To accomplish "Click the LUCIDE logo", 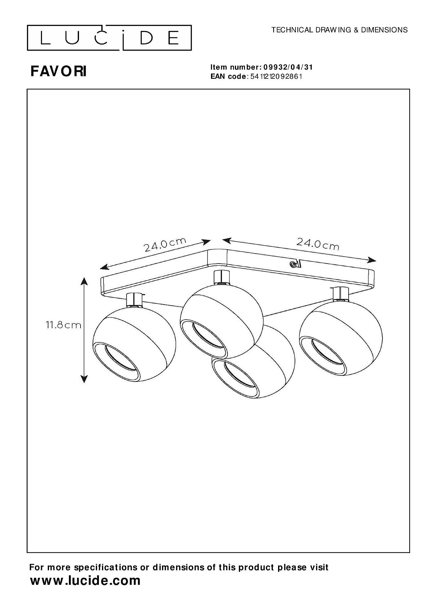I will [109, 38].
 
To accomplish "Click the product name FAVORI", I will [58, 71].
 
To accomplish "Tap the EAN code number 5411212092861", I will [276, 77].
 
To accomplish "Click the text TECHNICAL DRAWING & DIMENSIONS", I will [340, 30].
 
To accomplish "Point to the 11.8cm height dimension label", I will [64, 325].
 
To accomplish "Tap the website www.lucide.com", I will [85, 581].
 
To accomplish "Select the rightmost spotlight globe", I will [341, 338].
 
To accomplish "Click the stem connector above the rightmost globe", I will [340, 293].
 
